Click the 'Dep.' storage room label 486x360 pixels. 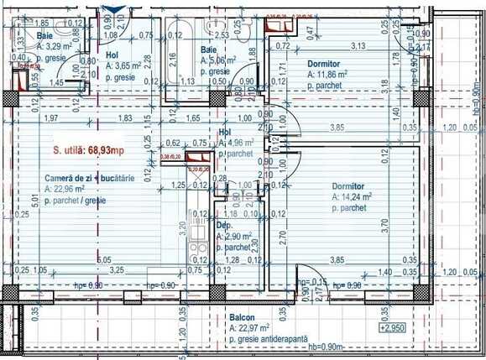point(224,227)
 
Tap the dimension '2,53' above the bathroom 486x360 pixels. point(223,36)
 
